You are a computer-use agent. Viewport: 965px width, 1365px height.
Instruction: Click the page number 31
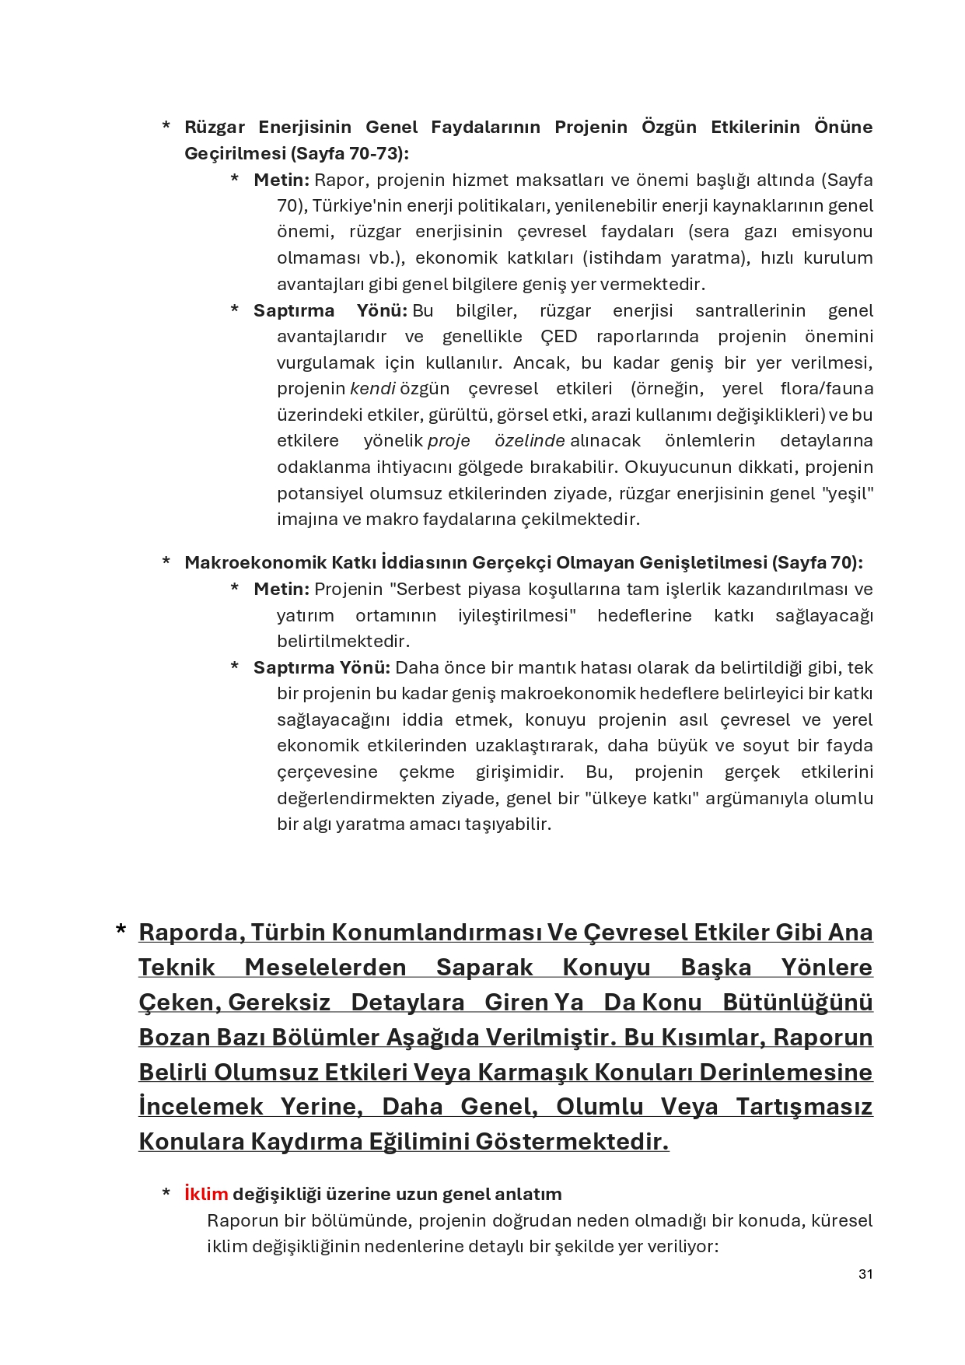865,1274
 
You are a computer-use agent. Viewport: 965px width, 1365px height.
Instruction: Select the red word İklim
206,1194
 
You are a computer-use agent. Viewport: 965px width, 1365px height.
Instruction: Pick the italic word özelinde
530,440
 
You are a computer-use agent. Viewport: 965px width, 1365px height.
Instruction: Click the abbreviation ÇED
559,336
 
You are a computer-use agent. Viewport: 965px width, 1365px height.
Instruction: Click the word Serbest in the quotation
425,589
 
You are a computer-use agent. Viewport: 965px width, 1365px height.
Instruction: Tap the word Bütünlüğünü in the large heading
798,1002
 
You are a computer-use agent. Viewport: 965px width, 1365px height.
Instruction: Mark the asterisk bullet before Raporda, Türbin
121,930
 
